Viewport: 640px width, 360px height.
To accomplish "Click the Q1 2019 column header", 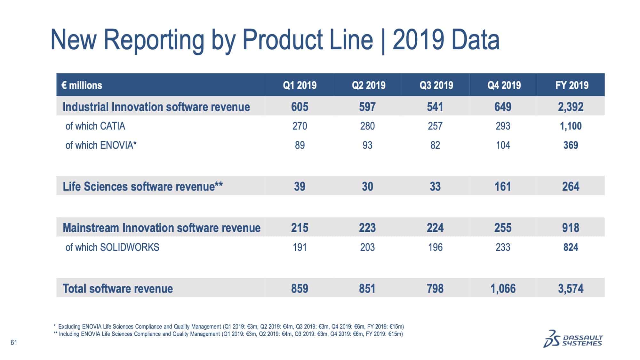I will [300, 85].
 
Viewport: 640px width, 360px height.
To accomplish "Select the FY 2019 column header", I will [572, 85].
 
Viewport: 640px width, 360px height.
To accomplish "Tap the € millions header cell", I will [82, 85].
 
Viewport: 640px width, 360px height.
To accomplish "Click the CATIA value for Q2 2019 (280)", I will [367, 126].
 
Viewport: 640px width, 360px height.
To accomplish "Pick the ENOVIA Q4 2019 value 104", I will [503, 145].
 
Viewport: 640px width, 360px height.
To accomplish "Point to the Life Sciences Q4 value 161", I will [503, 187].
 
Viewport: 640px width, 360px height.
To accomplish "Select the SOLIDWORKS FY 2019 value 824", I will [571, 247].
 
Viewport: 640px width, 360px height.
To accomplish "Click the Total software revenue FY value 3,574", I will [571, 289].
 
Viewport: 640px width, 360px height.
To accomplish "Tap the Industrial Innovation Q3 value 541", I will [435, 107].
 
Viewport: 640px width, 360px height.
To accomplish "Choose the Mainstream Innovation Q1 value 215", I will [300, 228].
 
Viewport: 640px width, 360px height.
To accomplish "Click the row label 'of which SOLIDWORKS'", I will [112, 247].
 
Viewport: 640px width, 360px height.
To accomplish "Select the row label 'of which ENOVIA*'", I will [101, 145].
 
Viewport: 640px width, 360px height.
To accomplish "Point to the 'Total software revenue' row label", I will [118, 289].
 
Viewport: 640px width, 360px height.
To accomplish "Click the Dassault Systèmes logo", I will [573, 339].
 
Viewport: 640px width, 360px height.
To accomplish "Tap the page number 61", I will [14, 343].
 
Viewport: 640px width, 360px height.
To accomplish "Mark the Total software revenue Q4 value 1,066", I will [503, 289].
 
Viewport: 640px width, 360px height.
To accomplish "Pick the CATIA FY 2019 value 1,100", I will [571, 126].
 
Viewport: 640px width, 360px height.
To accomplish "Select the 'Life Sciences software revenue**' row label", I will [143, 187].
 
